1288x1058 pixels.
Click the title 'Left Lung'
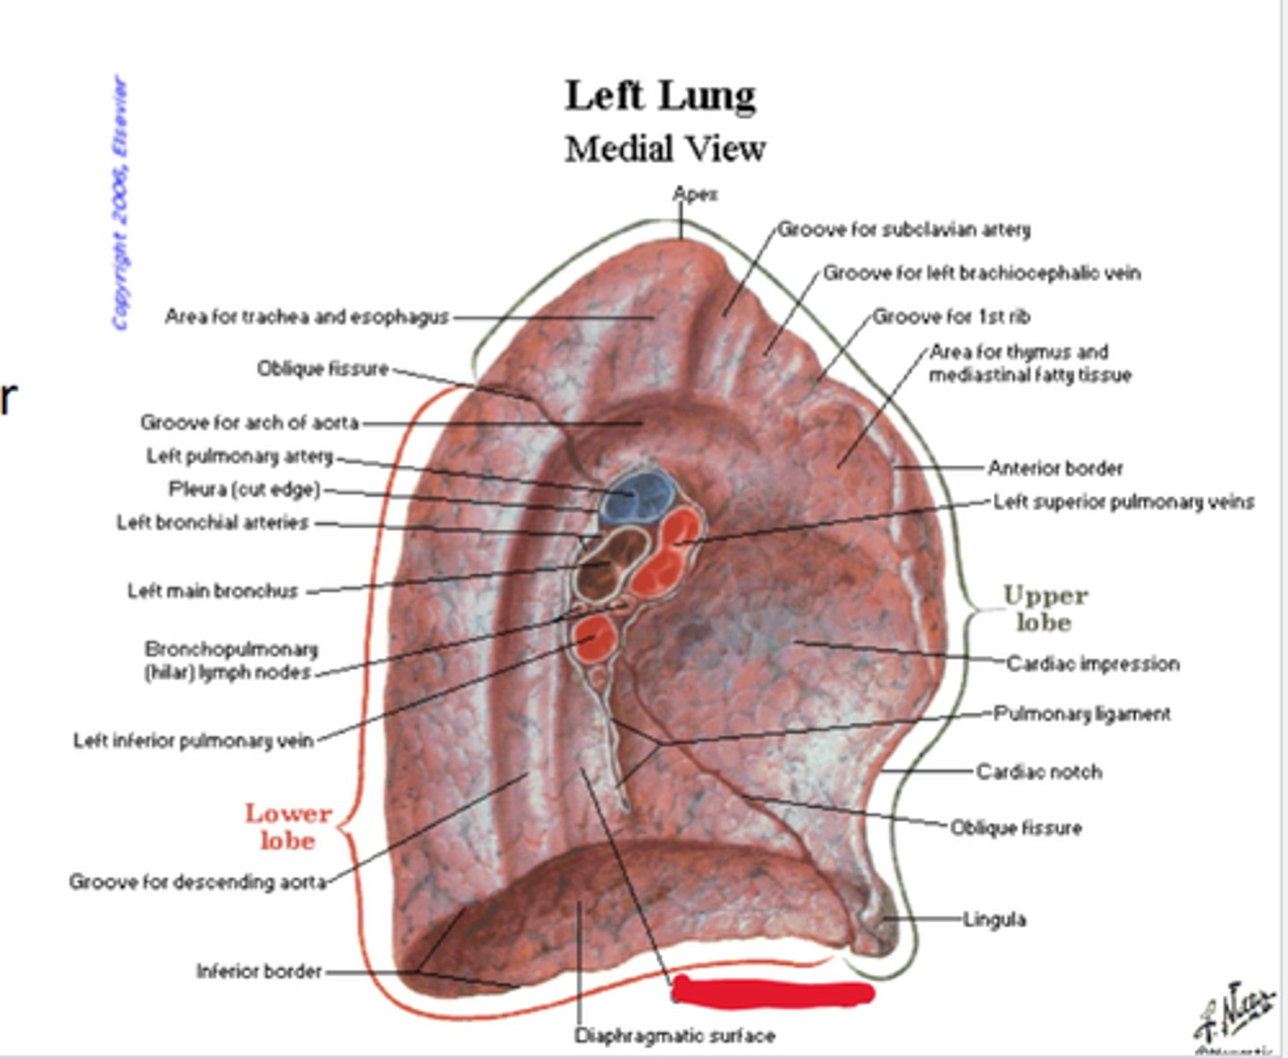(660, 96)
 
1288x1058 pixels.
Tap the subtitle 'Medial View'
(665, 148)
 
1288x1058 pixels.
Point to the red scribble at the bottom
(772, 992)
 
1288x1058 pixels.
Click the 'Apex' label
(695, 194)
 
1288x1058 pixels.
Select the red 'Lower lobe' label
(288, 826)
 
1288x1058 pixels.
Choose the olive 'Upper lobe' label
(1045, 608)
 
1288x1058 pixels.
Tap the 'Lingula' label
(994, 918)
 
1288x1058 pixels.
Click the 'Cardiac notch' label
(1038, 771)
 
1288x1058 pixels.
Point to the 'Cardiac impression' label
(1092, 664)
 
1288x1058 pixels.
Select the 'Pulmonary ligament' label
(1082, 714)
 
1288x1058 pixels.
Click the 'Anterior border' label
(1055, 468)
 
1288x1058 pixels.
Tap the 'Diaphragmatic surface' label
(674, 1036)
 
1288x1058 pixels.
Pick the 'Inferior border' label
(258, 970)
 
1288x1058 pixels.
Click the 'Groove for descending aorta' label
(197, 882)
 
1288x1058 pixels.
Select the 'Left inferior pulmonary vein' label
(193, 741)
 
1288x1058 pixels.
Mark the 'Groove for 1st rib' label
(951, 317)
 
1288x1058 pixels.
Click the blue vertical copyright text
(120, 203)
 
